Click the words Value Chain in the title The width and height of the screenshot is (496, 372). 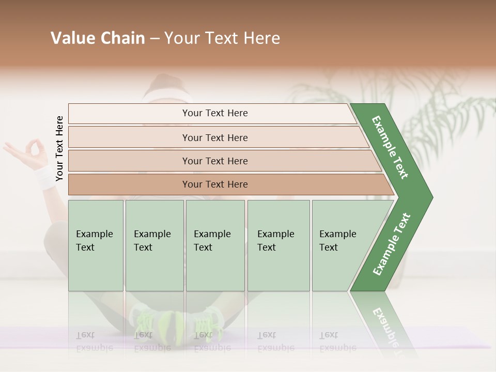coord(98,38)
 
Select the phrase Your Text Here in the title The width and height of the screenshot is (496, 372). coord(222,38)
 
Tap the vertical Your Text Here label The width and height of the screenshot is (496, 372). coord(59,148)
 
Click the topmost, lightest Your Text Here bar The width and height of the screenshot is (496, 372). coord(214,113)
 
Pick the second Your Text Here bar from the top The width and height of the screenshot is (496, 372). coord(214,137)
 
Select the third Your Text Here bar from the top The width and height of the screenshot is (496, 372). coord(214,161)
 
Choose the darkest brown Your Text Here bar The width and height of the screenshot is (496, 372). coord(214,184)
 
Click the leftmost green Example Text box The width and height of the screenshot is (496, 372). coord(96,245)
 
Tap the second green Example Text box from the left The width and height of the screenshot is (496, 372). coord(154,245)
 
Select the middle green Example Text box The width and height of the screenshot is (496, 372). coord(215,245)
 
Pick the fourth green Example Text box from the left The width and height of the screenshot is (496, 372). coord(278,245)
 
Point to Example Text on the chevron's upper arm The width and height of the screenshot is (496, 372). coord(390,147)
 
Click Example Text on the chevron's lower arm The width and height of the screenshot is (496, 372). coord(392,244)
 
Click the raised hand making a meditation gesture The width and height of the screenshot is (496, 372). coord(23,152)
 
